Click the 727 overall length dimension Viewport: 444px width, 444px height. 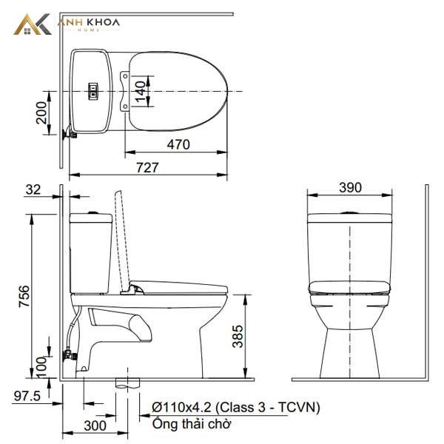click(x=147, y=167)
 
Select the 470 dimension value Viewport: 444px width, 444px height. click(x=178, y=144)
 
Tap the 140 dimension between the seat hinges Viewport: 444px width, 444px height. click(x=141, y=92)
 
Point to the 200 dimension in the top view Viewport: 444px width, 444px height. click(x=41, y=112)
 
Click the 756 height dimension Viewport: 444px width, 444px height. click(x=24, y=296)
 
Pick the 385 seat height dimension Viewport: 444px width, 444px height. click(x=238, y=336)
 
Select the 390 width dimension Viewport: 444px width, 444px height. click(x=350, y=187)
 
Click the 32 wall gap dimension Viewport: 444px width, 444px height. click(x=33, y=189)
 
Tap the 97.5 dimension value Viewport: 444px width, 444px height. click(x=27, y=396)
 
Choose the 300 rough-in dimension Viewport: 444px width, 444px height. click(x=95, y=425)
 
